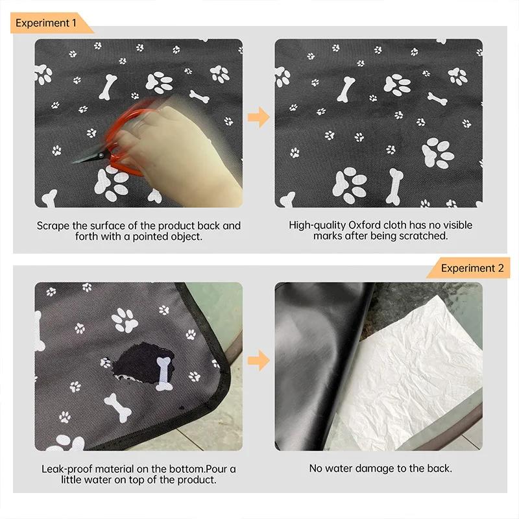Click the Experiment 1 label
click(47, 23)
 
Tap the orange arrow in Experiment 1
click(258, 117)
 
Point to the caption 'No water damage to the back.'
click(380, 468)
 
